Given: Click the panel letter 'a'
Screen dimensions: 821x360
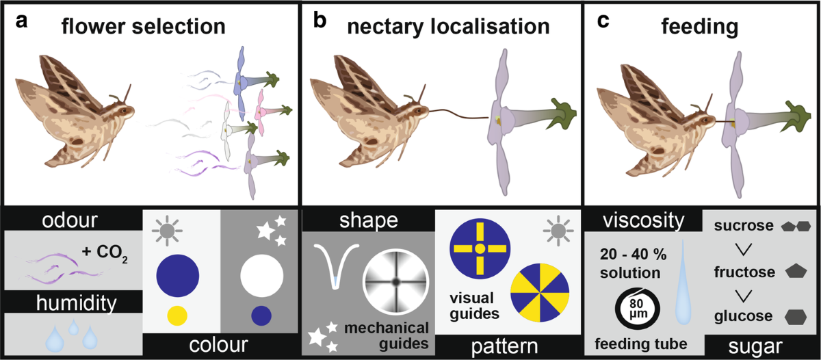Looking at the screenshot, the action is [x=22, y=22].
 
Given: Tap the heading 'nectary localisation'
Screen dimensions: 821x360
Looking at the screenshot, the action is [x=448, y=27].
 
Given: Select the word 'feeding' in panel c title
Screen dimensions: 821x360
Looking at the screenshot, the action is [x=700, y=27].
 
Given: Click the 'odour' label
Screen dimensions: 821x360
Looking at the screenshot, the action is [x=70, y=220].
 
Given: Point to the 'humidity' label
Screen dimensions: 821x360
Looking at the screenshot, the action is [x=76, y=303].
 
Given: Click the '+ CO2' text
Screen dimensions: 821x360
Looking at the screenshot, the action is [x=105, y=253].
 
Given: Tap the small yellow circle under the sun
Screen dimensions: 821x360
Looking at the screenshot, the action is [x=177, y=316].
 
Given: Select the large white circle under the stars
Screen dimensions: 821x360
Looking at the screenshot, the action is [x=261, y=276].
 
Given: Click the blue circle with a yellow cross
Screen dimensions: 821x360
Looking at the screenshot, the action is [x=480, y=248].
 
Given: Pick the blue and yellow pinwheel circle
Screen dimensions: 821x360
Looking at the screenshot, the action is [x=540, y=292].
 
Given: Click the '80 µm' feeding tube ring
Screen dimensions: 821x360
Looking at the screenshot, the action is [x=637, y=309].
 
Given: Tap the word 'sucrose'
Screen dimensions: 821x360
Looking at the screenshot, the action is [x=744, y=225].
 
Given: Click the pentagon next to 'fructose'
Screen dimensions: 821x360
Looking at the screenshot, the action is [x=796, y=271].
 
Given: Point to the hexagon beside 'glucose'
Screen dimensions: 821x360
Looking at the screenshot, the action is [x=796, y=317].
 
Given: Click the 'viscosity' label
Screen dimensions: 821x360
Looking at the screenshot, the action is [x=644, y=220].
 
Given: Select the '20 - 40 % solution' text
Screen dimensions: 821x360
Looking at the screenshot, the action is [x=633, y=263].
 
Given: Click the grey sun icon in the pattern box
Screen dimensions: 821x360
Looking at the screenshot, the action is [x=558, y=231].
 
